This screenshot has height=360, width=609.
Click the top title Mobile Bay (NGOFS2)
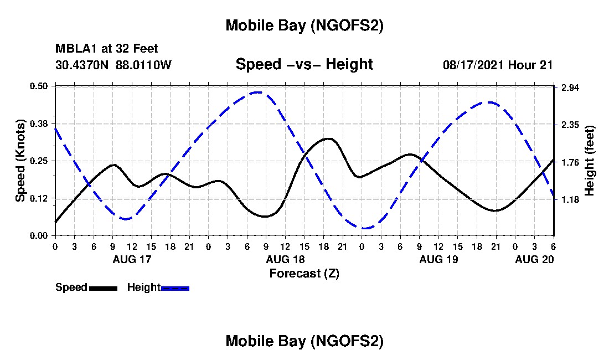(304, 26)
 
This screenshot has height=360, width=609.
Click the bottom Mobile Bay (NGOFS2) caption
(304, 342)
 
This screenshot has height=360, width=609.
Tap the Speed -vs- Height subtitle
(304, 64)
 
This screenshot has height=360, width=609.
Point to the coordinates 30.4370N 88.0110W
(113, 65)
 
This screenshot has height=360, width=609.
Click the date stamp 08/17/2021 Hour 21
(498, 65)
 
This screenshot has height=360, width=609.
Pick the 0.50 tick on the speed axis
(39, 86)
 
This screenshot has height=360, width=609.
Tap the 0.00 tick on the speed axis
(39, 235)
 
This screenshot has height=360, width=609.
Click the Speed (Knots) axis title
(20, 161)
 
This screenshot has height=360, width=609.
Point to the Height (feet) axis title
(589, 161)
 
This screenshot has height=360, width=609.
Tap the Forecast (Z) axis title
(304, 273)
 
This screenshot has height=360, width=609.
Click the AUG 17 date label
(132, 259)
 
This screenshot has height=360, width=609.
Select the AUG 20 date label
(534, 259)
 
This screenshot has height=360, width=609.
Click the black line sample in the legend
(103, 288)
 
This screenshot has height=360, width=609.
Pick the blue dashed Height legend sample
(175, 288)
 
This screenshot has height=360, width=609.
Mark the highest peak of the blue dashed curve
(257, 92)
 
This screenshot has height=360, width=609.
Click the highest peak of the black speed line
(329, 138)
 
